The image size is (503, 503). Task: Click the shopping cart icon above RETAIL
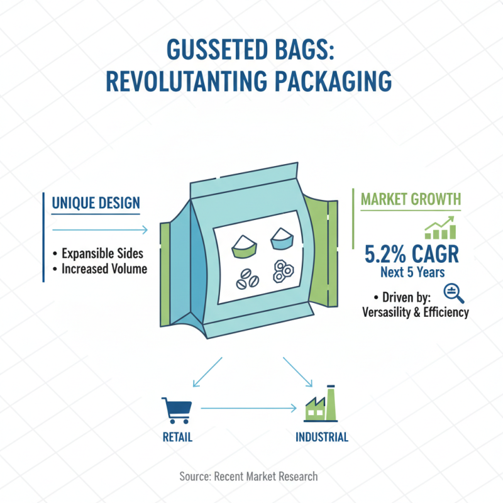coord(175,409)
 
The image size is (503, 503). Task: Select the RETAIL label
coord(176,437)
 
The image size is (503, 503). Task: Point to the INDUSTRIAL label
coord(321,437)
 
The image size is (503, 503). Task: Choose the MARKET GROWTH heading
coord(411,200)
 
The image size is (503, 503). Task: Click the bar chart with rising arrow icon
coord(440,228)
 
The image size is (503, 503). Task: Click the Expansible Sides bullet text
coord(102,253)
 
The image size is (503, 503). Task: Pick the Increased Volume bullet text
coord(104,269)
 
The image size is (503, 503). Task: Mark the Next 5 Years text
coord(412,272)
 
